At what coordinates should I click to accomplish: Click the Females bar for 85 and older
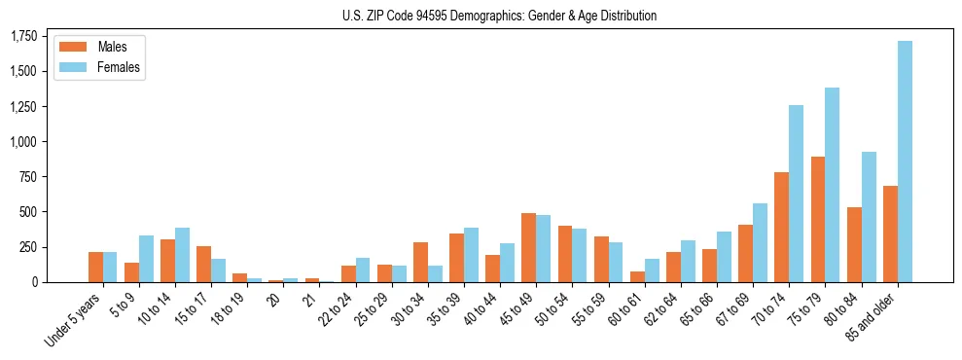tap(905, 162)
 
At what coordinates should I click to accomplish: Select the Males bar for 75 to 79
tap(818, 219)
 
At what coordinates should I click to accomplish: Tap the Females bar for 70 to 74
tap(797, 194)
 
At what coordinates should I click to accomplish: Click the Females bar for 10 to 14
tap(183, 255)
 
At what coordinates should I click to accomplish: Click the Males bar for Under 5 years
tap(96, 267)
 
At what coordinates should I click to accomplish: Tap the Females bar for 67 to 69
tap(761, 242)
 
